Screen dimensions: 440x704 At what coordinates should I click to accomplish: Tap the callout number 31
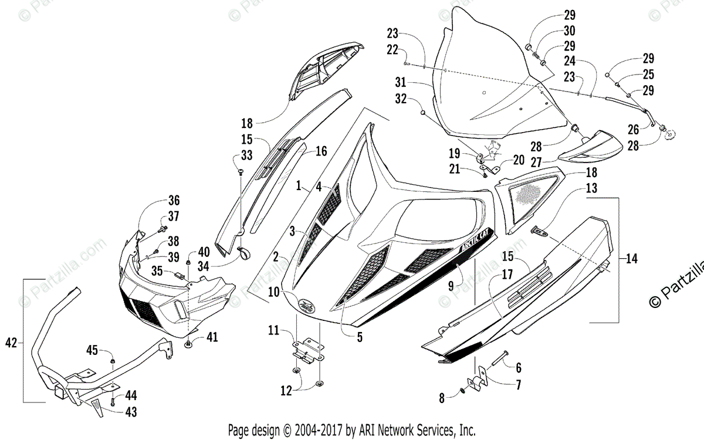(x=401, y=81)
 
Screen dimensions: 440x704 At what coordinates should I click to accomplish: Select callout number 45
(x=92, y=351)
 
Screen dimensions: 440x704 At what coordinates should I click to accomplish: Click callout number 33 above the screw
(x=246, y=155)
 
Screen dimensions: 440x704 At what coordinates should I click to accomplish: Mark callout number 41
(x=211, y=337)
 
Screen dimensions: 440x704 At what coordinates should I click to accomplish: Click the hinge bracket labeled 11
(x=308, y=350)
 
